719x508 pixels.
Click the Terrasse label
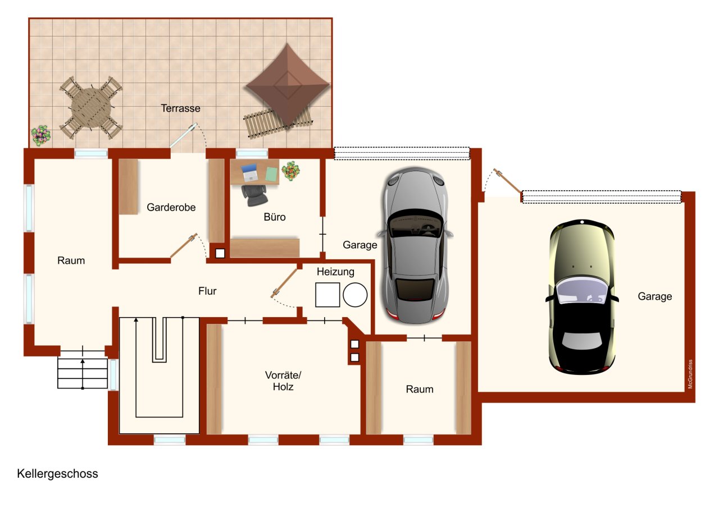[180, 108]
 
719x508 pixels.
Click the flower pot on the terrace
[40, 135]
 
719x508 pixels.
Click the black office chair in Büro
[254, 193]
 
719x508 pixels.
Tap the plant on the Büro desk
[290, 171]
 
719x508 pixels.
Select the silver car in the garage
[415, 245]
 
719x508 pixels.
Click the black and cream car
[582, 298]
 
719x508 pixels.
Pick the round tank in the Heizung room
[355, 295]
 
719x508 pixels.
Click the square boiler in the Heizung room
[327, 295]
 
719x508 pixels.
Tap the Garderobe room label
[171, 208]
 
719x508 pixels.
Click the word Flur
[207, 291]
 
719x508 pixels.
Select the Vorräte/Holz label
[279, 381]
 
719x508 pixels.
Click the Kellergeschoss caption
[57, 474]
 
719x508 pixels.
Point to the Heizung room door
[285, 283]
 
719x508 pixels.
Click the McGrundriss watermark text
[690, 375]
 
